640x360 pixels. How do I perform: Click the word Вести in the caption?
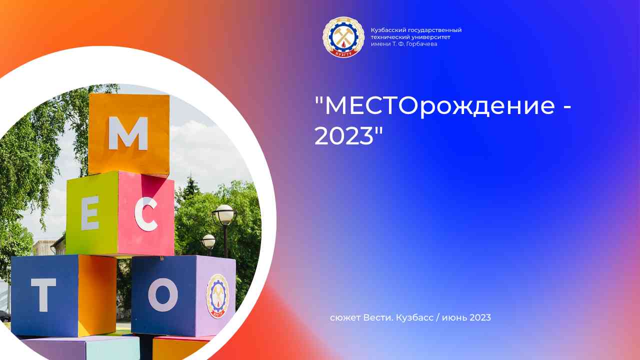[x=376, y=317]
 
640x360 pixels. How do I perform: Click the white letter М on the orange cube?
[x=128, y=133]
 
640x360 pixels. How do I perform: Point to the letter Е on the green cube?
[x=90, y=216]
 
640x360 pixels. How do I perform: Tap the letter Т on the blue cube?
[x=43, y=295]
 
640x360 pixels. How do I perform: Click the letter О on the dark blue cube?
[x=162, y=294]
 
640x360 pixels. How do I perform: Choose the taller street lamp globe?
[x=224, y=214]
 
